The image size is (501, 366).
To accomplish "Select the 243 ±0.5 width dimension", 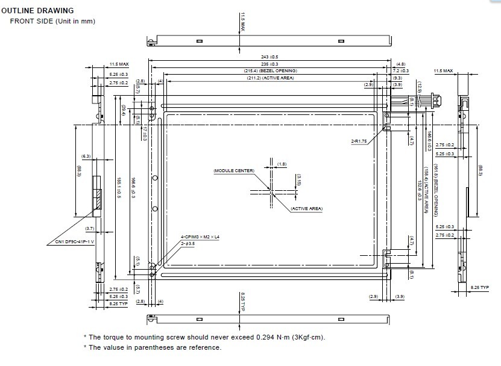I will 269,57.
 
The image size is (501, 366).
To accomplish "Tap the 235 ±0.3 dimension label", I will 269,64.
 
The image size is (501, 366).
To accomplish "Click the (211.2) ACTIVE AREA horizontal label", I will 270,78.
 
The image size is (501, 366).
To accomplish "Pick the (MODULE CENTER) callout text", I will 234,171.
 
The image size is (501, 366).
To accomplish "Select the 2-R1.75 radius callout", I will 359,141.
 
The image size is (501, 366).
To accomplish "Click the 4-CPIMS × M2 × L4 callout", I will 201,237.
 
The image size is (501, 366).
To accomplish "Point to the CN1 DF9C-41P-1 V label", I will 71,242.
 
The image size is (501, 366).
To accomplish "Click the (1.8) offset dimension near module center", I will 282,164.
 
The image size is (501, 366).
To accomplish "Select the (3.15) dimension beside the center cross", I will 298,179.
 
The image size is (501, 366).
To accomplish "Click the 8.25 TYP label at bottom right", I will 480,288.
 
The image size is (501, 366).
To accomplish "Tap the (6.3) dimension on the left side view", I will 86,157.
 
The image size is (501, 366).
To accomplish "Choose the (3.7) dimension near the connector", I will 90,229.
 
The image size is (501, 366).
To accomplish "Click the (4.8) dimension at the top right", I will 401,64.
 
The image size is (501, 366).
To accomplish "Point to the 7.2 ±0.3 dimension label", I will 401,71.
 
